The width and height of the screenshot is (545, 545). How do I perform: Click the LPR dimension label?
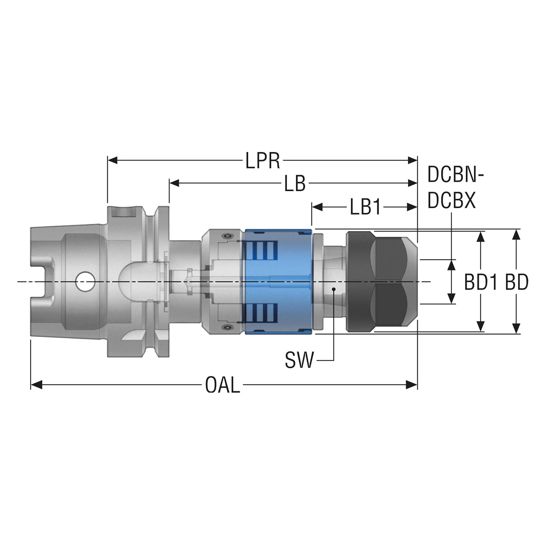point(262,161)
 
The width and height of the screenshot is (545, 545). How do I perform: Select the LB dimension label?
point(295,183)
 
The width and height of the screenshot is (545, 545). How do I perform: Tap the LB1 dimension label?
point(365,207)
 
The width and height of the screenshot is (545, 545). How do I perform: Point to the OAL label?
point(223,385)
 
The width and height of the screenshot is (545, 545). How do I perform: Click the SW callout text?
point(299,360)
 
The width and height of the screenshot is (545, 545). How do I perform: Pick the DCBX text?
point(451,201)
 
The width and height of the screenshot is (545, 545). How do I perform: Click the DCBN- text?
point(456,175)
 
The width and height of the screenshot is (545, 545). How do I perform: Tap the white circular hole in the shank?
point(85,281)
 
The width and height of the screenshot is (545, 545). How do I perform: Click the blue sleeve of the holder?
point(278,281)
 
